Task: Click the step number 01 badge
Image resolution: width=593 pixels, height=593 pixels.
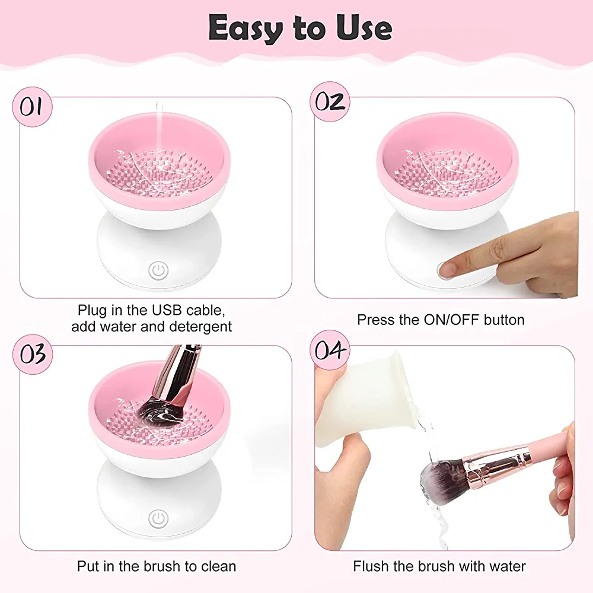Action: click(x=32, y=107)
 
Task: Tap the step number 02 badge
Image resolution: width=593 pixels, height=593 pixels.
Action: click(x=330, y=102)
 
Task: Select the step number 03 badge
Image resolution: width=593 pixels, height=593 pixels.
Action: click(x=32, y=355)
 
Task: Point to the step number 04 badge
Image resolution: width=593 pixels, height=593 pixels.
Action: click(x=330, y=350)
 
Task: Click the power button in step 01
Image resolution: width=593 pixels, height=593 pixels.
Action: click(x=158, y=271)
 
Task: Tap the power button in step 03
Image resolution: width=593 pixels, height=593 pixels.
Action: click(x=158, y=518)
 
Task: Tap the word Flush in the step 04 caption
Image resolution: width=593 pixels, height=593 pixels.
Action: click(x=371, y=566)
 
